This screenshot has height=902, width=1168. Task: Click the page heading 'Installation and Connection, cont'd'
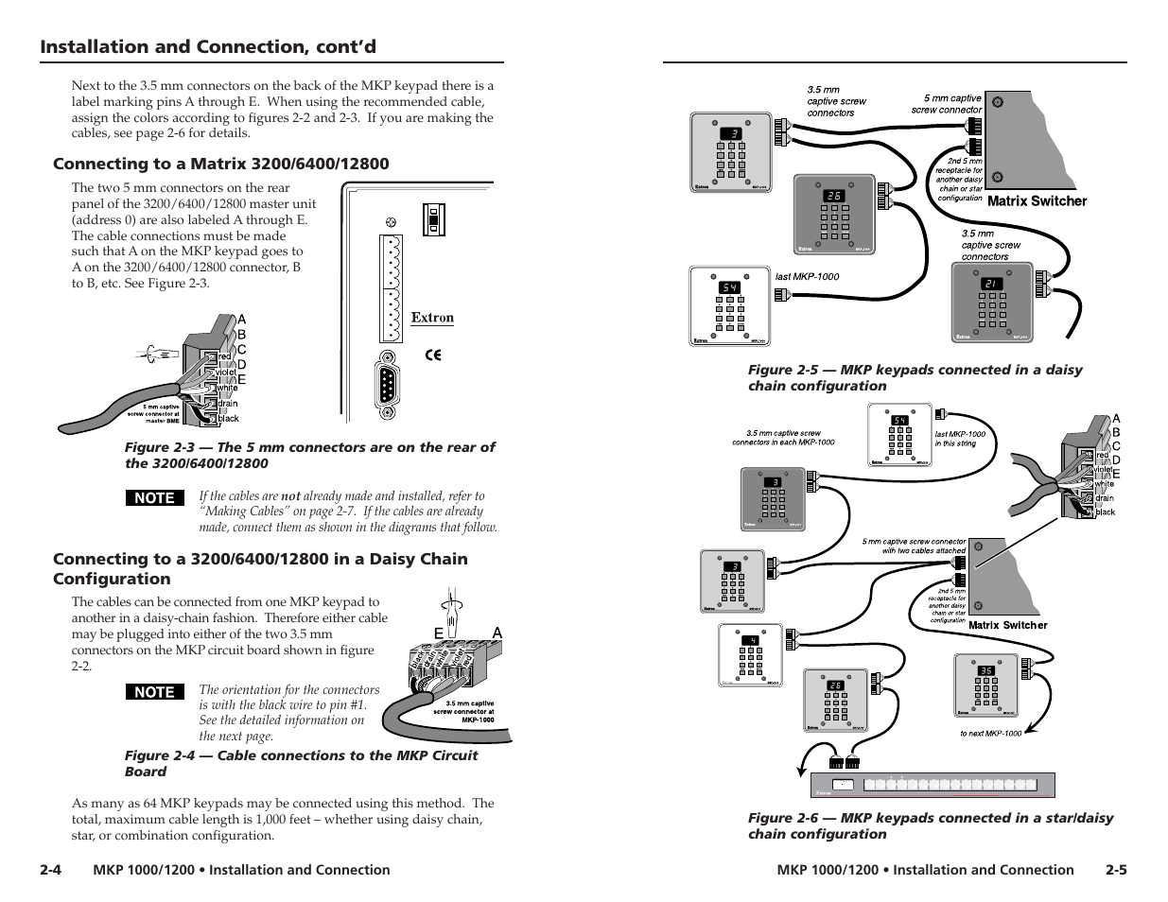[x=208, y=47]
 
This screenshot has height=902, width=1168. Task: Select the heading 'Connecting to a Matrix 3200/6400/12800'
[x=220, y=164]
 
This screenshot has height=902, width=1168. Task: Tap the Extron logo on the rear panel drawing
[x=432, y=319]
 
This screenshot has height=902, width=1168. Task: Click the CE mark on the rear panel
[x=433, y=356]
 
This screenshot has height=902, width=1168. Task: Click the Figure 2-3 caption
[x=309, y=455]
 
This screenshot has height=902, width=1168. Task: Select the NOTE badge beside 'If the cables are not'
[x=155, y=497]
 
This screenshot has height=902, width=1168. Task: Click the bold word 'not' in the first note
[x=290, y=495]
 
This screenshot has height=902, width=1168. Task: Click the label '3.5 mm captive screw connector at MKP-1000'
[x=463, y=711]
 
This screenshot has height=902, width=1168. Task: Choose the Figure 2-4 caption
[x=301, y=763]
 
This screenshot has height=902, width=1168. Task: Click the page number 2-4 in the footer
[x=51, y=870]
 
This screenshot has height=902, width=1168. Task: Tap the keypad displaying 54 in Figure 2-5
[x=729, y=305]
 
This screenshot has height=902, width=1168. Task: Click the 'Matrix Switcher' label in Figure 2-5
[x=1037, y=200]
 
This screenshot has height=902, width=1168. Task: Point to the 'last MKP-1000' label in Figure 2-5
[x=807, y=277]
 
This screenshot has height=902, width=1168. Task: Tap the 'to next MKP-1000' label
[x=990, y=733]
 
